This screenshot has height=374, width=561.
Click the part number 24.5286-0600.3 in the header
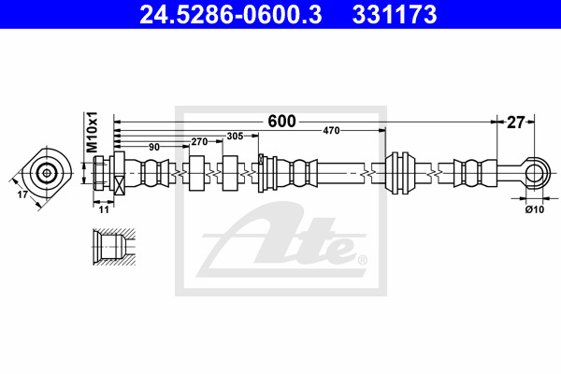[x=230, y=14]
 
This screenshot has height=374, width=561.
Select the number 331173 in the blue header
[x=395, y=14]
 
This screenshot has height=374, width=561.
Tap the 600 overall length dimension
[x=282, y=122]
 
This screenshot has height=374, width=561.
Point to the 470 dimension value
[x=331, y=131]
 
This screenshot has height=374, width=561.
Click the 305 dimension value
[x=235, y=136]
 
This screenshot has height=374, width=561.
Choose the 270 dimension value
[x=199, y=142]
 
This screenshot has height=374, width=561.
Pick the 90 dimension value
[x=154, y=147]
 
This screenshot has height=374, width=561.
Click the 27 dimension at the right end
[x=515, y=122]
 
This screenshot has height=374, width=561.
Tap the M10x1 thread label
[x=92, y=132]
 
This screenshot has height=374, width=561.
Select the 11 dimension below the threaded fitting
[x=104, y=209]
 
